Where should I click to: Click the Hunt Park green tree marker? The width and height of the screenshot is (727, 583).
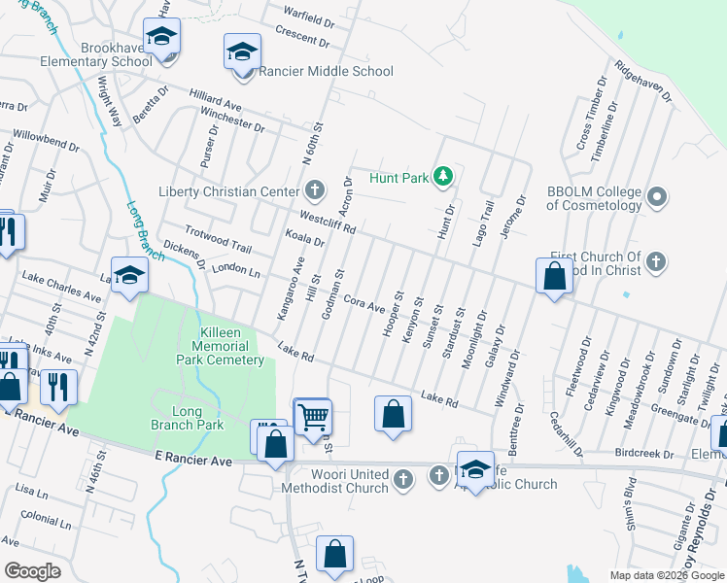443,176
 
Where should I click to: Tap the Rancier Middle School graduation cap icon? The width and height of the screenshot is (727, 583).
242,52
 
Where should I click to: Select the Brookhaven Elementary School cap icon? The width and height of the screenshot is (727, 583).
161,38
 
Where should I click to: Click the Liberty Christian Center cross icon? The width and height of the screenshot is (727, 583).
314,188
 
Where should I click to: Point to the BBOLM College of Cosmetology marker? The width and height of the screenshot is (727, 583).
657,198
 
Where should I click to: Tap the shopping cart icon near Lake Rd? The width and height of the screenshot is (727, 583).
313,418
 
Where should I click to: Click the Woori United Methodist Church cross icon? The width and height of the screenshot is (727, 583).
406,477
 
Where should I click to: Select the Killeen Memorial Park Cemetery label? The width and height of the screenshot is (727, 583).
221,346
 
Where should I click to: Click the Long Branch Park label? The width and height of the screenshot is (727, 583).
188,417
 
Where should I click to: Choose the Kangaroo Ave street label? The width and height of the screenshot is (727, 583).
293,288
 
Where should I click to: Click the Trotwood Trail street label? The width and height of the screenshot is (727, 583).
219,240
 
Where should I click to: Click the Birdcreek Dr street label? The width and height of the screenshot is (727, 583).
643,454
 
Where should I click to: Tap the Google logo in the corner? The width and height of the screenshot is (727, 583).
32,571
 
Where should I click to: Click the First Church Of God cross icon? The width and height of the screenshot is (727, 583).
656,261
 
